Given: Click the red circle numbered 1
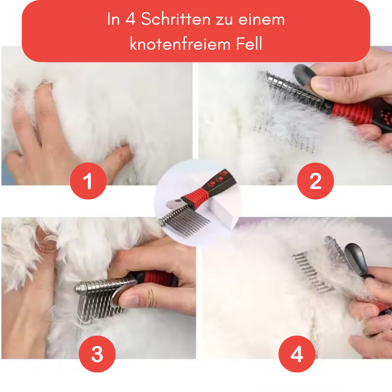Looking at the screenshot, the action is [88, 181].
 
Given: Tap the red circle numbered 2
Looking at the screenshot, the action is [315, 181].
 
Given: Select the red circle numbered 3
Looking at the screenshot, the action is [97, 354].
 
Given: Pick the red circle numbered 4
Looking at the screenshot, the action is [297, 354].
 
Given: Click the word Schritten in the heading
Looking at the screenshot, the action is [176, 19].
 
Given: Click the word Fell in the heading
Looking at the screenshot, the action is [249, 44].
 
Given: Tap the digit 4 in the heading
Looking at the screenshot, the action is [130, 19].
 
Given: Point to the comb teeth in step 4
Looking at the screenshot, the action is [313, 273].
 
